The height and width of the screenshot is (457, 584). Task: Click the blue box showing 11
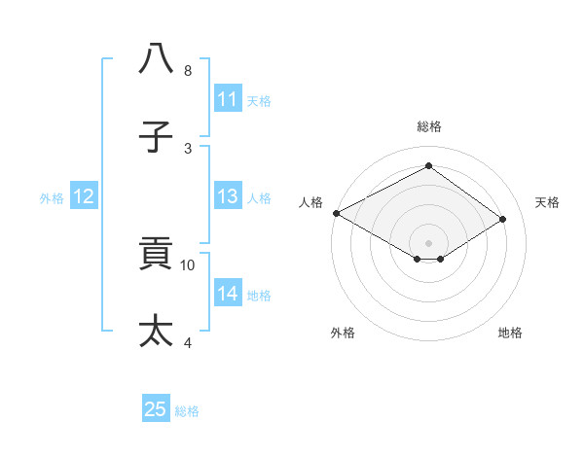[x=227, y=99]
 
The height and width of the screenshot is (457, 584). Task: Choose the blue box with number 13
[x=227, y=196]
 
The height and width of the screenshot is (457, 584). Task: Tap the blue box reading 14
[x=227, y=294]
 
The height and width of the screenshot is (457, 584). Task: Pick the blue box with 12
[x=84, y=196]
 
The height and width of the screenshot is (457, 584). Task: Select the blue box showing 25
[x=156, y=409]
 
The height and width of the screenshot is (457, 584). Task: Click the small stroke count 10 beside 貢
[x=188, y=264]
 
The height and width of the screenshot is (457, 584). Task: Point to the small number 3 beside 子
[x=188, y=148]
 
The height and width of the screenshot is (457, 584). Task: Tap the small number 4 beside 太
[x=188, y=342]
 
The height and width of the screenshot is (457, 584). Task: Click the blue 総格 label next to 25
[x=187, y=411]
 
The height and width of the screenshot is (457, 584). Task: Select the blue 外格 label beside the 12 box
[x=52, y=197]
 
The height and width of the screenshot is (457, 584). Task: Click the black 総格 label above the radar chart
[x=428, y=126]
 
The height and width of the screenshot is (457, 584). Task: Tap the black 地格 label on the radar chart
[x=510, y=333]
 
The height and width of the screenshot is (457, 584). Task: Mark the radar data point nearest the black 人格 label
[x=336, y=212]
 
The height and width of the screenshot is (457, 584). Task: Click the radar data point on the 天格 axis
[x=503, y=218]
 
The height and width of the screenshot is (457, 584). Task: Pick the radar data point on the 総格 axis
[x=428, y=166]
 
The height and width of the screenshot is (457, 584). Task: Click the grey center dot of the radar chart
[x=428, y=242]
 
